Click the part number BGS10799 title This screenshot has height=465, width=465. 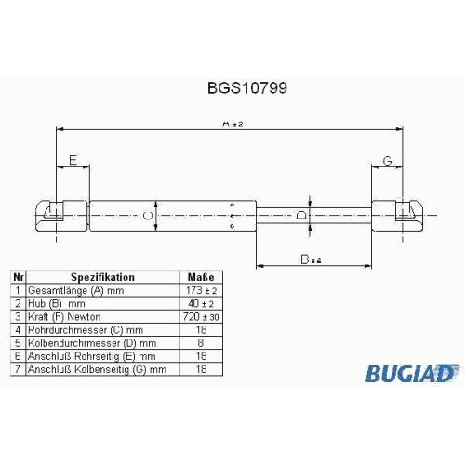(x=247, y=88)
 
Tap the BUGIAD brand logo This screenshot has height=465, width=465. (x=412, y=373)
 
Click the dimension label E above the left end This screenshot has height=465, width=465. (x=73, y=160)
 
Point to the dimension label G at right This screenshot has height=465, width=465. (x=388, y=161)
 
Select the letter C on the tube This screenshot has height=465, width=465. (x=149, y=215)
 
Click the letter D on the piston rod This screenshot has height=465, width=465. (x=301, y=215)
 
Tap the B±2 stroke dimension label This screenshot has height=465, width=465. (x=311, y=259)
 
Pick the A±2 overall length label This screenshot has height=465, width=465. (x=232, y=124)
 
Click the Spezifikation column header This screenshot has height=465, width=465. (x=102, y=277)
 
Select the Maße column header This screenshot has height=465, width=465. (x=201, y=277)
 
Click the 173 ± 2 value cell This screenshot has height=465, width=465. (x=201, y=290)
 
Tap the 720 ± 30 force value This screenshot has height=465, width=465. (x=201, y=317)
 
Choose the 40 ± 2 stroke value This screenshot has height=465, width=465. (x=201, y=304)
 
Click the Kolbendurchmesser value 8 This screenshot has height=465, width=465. (x=201, y=343)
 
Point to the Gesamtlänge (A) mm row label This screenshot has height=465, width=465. (x=76, y=291)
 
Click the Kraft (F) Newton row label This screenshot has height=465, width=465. (x=64, y=317)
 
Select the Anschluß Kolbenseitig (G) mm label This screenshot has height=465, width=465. (x=97, y=369)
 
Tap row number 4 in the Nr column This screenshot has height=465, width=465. (x=18, y=330)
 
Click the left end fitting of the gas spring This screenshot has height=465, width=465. (x=62, y=216)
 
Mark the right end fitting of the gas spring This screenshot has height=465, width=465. (x=398, y=216)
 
